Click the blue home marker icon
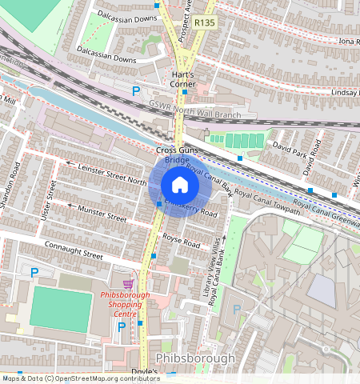[x=180, y=186]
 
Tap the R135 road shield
[x=205, y=23]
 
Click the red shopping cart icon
[x=127, y=284]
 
